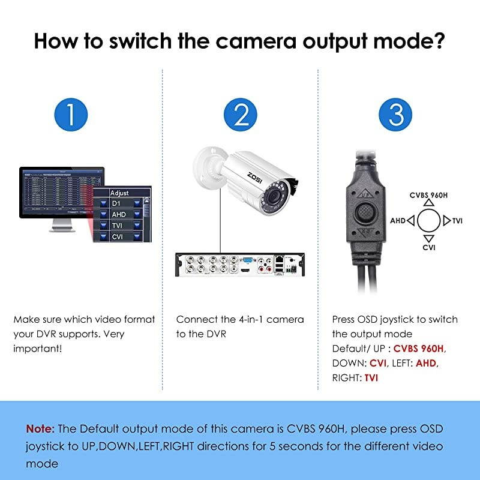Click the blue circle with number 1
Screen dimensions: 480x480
(71, 114)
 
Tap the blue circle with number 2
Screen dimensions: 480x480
(241, 114)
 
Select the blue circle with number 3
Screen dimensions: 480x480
(396, 114)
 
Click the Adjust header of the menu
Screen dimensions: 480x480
(120, 193)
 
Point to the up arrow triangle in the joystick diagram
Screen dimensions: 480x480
(427, 205)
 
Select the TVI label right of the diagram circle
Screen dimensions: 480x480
(458, 221)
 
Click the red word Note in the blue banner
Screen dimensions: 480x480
(40, 429)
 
